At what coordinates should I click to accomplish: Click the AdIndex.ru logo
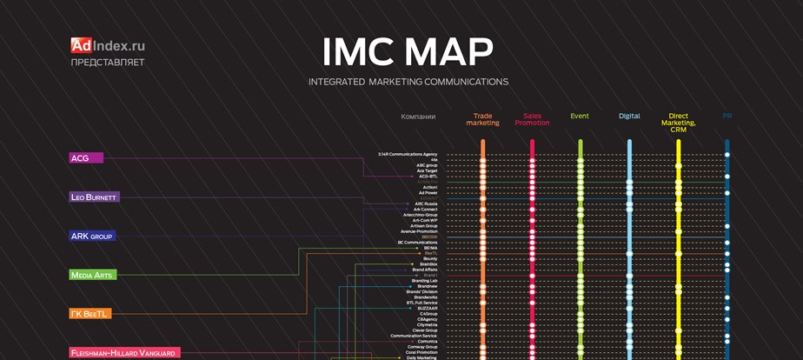(x=108, y=45)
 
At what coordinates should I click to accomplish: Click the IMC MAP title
(x=408, y=52)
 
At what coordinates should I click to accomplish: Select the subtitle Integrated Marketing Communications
(x=408, y=82)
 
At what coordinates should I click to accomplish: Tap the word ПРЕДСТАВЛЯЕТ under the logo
(x=108, y=63)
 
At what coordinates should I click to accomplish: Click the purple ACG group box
(x=86, y=158)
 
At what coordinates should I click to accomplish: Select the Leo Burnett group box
(x=94, y=197)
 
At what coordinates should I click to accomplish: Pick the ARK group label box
(x=92, y=236)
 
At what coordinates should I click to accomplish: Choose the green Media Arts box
(x=92, y=275)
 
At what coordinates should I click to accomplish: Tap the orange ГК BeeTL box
(x=90, y=314)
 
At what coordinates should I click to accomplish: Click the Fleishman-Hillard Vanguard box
(x=124, y=353)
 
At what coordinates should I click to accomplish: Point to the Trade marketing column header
(x=482, y=119)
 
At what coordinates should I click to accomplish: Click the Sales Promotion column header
(x=532, y=119)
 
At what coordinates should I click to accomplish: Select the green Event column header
(x=580, y=116)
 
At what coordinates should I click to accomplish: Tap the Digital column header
(x=629, y=116)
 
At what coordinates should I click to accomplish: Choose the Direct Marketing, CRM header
(x=678, y=123)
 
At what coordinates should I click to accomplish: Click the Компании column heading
(x=418, y=116)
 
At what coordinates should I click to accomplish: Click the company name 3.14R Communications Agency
(x=408, y=154)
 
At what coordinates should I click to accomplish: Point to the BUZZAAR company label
(x=427, y=308)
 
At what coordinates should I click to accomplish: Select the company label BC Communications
(x=418, y=242)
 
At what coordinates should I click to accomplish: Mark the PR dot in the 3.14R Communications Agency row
(x=727, y=154)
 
